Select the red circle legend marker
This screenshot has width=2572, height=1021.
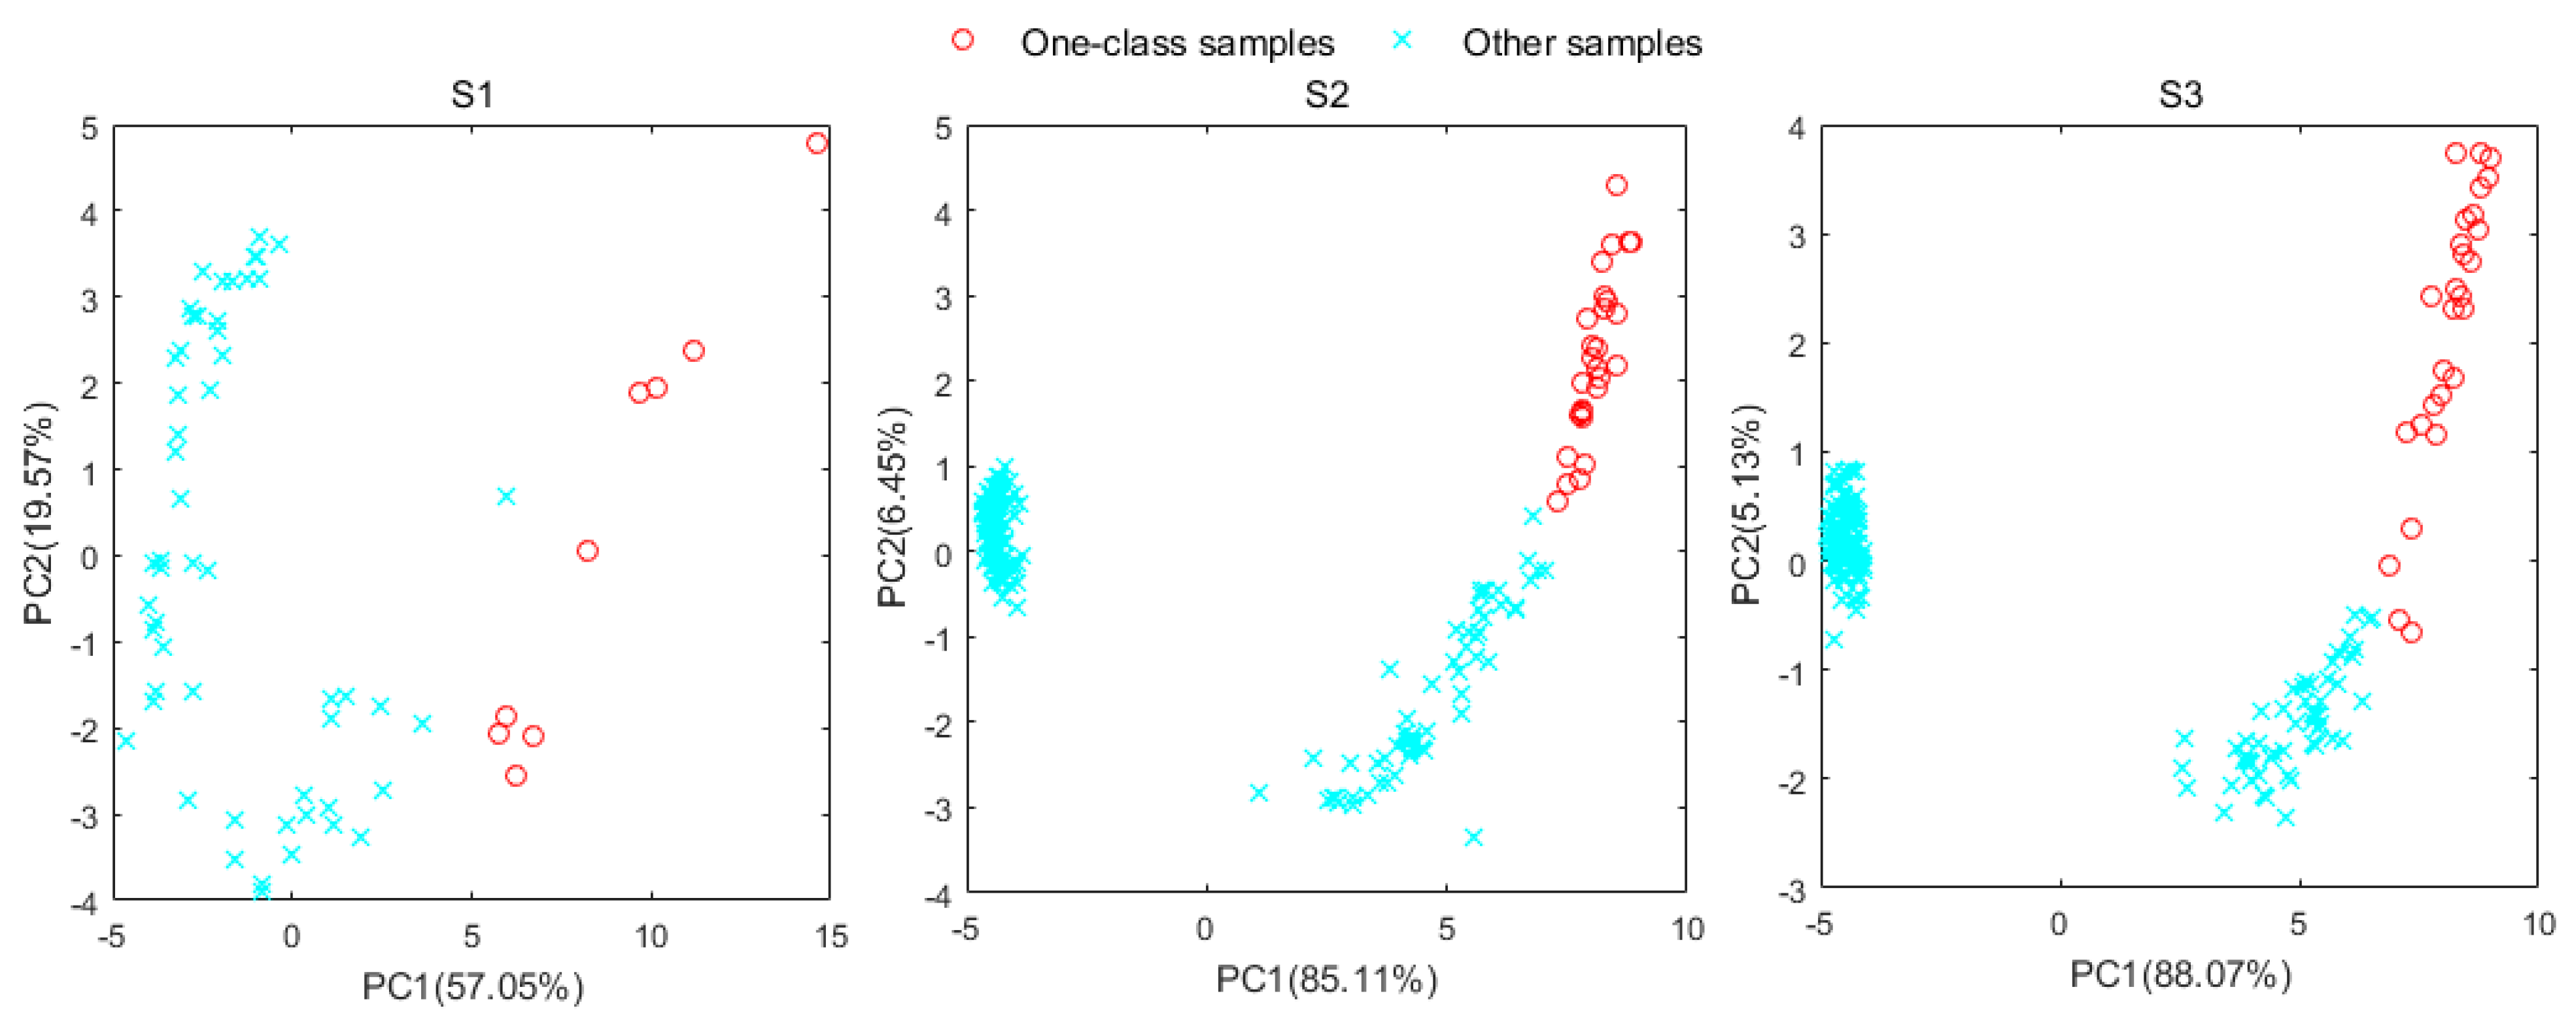pyautogui.click(x=963, y=40)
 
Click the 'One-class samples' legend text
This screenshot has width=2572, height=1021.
pyautogui.click(x=1177, y=43)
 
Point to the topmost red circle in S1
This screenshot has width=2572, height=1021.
pyautogui.click(x=817, y=143)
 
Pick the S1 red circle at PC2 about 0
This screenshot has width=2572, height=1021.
pyautogui.click(x=587, y=550)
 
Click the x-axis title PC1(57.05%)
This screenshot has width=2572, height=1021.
pyautogui.click(x=472, y=986)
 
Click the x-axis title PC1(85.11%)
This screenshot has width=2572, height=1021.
pyautogui.click(x=1326, y=979)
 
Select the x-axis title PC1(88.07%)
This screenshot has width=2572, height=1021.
pyautogui.click(x=2180, y=974)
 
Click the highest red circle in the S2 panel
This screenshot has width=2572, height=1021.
pyautogui.click(x=1617, y=185)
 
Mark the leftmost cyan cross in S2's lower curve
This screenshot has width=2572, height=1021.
pyautogui.click(x=1259, y=792)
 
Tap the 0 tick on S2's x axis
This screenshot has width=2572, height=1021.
pyautogui.click(x=1206, y=929)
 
